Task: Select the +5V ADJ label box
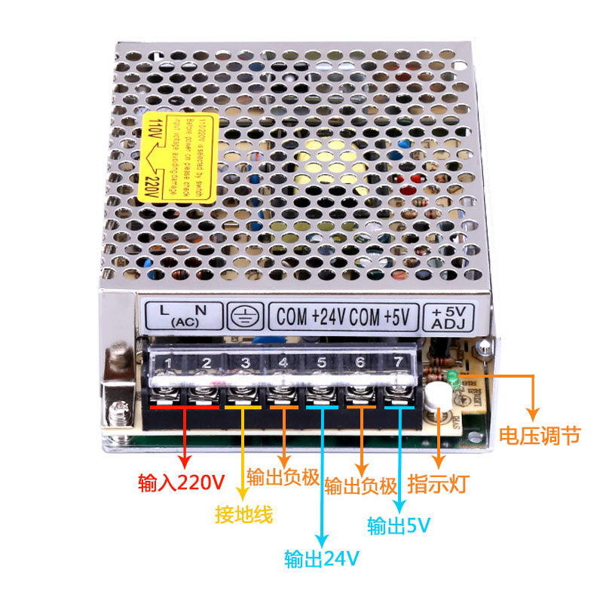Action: (x=449, y=317)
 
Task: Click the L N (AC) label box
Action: (x=182, y=316)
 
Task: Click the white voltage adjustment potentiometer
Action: (x=436, y=395)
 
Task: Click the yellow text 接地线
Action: (x=243, y=515)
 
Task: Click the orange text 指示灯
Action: (x=438, y=482)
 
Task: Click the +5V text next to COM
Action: (x=396, y=317)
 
